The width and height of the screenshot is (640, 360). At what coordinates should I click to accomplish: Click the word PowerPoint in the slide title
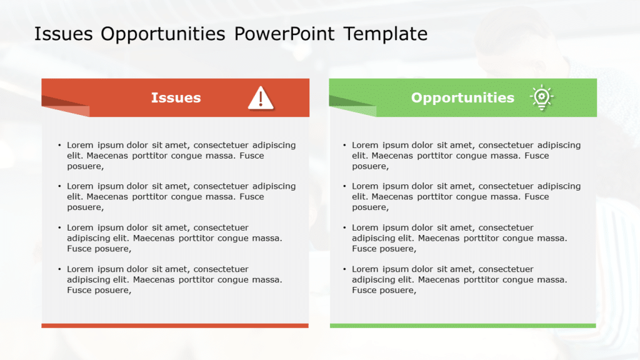pos(285,34)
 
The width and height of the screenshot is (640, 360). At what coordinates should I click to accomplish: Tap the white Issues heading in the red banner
pos(176,97)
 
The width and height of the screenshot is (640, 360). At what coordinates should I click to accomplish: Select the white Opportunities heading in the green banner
pos(462,97)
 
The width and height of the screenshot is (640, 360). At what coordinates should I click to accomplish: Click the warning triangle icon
pos(260,97)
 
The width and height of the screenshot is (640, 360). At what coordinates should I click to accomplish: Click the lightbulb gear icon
pos(541,98)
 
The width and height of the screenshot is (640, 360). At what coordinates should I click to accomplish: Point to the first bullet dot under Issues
pos(59,146)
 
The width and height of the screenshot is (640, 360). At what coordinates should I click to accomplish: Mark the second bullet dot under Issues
pos(59,187)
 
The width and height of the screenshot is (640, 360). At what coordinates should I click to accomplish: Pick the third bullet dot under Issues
pos(59,228)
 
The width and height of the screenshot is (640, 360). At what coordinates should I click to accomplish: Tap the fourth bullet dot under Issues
pos(59,269)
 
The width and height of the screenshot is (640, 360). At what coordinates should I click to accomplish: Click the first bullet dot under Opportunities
pos(344,146)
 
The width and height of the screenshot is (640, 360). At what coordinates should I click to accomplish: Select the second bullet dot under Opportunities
pos(344,187)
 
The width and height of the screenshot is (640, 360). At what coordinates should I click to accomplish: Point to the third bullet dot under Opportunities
pos(344,228)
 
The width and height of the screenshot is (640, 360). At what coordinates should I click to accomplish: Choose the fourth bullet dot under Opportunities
pos(344,269)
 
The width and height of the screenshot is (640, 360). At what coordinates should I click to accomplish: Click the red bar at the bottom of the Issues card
pos(175,326)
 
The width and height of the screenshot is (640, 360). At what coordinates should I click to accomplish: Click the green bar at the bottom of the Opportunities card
pos(462,326)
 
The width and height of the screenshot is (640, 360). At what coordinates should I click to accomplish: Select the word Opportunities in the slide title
pos(162,34)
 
